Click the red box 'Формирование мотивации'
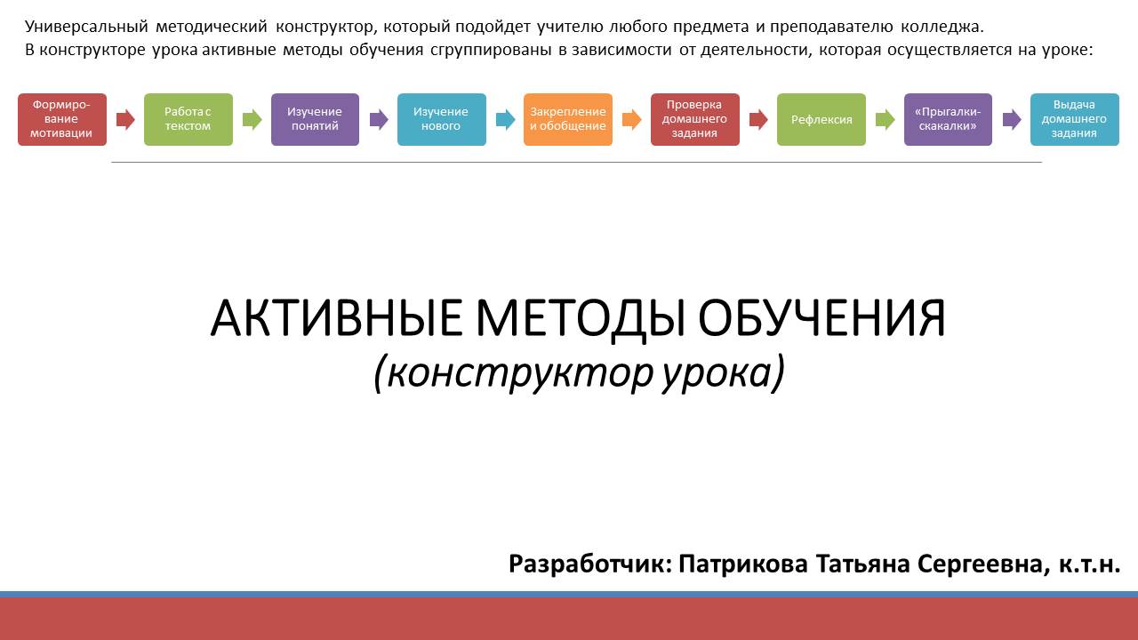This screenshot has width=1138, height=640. coord(62,119)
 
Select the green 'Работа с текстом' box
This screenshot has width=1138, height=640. coord(188,119)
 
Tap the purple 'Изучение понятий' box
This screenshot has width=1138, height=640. coord(315,119)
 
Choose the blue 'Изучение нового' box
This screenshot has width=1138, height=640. coord(442,119)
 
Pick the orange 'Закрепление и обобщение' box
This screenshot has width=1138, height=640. coord(568,119)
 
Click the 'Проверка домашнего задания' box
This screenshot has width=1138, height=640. coord(695,119)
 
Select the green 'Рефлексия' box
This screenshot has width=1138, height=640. coord(821,119)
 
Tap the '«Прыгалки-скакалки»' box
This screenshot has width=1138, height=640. coord(948,119)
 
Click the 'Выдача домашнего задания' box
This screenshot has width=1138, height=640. coord(1075,119)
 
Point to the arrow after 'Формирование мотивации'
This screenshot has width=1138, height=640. coord(125,120)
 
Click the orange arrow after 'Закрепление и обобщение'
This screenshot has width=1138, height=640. coord(631,120)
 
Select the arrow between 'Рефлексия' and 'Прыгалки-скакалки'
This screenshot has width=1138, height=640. coord(885,120)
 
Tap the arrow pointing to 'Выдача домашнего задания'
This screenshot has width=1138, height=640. coord(1012,120)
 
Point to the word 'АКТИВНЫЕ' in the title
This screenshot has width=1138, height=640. coord(336,318)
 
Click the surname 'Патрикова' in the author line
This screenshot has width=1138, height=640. coord(742,564)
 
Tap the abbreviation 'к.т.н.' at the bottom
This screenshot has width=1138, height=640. coord(1089,564)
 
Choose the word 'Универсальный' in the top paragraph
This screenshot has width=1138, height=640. coord(86,27)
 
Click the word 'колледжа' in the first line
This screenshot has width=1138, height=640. coord(942,27)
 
